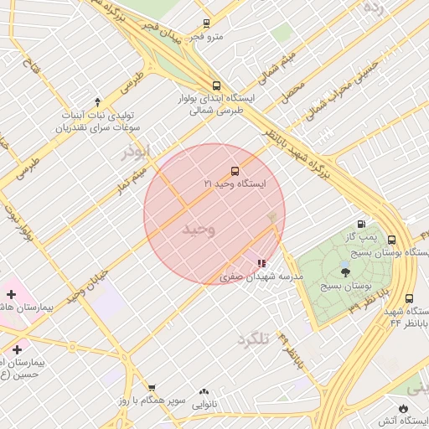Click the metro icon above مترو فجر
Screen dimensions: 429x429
pyautogui.click(x=206, y=24)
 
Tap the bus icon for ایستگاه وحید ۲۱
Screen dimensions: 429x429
pyautogui.click(x=234, y=170)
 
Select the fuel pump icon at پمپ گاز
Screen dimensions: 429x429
pyautogui.click(x=361, y=224)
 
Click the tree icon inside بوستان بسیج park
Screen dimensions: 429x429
pyautogui.click(x=345, y=271)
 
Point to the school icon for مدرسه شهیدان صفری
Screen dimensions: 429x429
pyautogui.click(x=262, y=263)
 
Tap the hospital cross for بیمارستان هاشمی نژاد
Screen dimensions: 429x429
pyautogui.click(x=11, y=294)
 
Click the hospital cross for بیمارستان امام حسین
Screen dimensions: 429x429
pyautogui.click(x=17, y=349)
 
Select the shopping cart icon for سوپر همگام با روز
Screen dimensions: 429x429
pyautogui.click(x=152, y=387)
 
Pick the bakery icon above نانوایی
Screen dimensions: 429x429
pyautogui.click(x=204, y=391)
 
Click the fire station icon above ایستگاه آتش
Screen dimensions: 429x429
pyautogui.click(x=405, y=408)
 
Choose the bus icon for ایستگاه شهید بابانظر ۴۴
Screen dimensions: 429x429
pyautogui.click(x=409, y=298)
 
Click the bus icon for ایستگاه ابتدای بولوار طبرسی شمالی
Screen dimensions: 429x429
pyautogui.click(x=217, y=85)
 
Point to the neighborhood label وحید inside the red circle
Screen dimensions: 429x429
pyautogui.click(x=199, y=228)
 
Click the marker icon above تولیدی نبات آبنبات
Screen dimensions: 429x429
pyautogui.click(x=97, y=101)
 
